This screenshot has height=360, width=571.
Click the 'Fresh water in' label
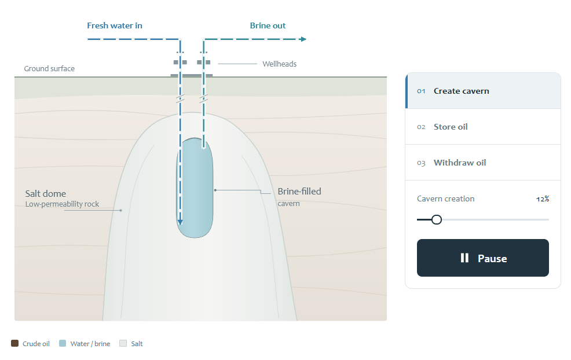tap(114, 25)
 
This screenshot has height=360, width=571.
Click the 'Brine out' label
tap(268, 25)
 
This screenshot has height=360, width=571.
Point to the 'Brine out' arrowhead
tap(303, 39)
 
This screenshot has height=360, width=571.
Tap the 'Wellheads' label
tap(279, 64)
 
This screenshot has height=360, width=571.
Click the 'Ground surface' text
tap(49, 68)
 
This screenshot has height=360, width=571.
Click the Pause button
tap(483, 258)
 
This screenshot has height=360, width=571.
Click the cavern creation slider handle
tap(437, 219)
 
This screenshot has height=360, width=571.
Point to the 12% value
tap(543, 199)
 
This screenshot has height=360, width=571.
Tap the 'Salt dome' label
tap(46, 193)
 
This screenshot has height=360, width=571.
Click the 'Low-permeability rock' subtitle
tap(62, 204)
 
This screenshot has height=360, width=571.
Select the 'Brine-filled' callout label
tap(299, 191)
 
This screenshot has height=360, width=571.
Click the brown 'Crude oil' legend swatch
tap(14, 343)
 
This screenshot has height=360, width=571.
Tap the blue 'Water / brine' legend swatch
tap(63, 343)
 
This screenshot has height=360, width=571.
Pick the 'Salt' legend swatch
tap(123, 343)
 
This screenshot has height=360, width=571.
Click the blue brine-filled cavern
tap(195, 188)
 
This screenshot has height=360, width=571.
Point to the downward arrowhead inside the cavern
tap(180, 222)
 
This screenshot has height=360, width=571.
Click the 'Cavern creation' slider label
tap(446, 199)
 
